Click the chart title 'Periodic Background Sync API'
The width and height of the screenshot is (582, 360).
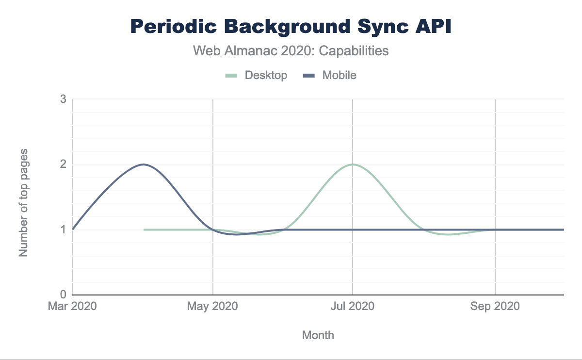click(291, 27)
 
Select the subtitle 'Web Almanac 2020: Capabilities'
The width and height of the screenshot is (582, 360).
click(291, 50)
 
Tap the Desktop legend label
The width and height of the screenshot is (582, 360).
click(266, 75)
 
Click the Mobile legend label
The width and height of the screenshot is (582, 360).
click(339, 75)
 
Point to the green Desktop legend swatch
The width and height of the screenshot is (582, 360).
click(231, 75)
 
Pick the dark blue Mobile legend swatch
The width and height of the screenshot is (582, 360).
click(309, 75)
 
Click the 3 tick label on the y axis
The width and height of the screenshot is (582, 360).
click(63, 99)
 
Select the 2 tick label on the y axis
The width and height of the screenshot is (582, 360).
click(63, 164)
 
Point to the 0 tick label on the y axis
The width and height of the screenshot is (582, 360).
click(63, 295)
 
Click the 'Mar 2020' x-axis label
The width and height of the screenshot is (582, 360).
click(73, 307)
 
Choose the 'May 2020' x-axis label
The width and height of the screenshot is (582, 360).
click(213, 307)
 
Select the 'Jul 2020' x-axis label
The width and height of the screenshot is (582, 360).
click(353, 307)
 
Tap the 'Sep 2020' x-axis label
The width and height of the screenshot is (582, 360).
click(495, 307)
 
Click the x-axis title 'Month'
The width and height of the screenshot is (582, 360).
click(318, 335)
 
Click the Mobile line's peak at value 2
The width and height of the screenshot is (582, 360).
click(143, 164)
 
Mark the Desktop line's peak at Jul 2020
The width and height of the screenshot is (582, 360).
click(353, 164)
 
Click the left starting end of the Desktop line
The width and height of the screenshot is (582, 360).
click(145, 229)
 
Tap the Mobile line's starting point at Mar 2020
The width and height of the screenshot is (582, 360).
click(73, 229)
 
